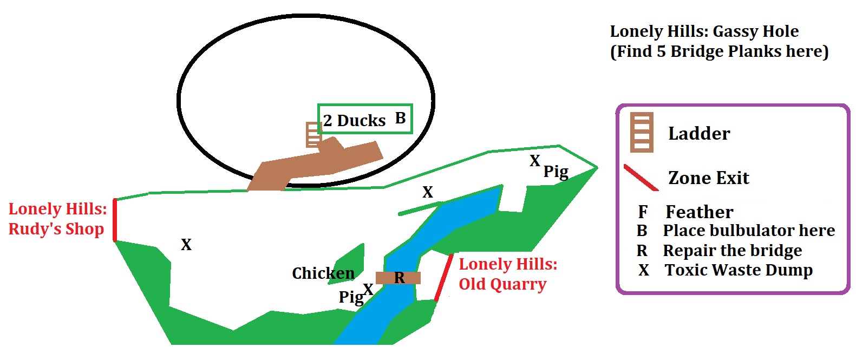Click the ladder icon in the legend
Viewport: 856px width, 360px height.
pos(642,132)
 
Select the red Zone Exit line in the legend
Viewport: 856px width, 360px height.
pos(641,178)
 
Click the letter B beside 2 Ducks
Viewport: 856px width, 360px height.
pos(400,118)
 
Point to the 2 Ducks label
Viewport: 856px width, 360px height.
pos(354,120)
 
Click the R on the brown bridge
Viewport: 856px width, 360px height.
pos(400,278)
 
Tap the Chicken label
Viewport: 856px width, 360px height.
pos(323,273)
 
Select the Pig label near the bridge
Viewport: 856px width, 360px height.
pos(351,297)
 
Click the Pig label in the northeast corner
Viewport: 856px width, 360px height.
pos(556,172)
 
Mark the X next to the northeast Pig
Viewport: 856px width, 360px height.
pos(535,161)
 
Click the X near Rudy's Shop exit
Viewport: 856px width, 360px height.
pos(186,245)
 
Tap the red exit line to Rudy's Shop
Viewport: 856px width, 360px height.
pos(115,220)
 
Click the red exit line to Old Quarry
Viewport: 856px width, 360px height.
pos(443,278)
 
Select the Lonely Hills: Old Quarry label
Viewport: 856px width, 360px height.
pos(507,274)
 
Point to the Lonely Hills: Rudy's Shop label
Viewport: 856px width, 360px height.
pos(57,219)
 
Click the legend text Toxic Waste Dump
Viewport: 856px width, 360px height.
pos(739,270)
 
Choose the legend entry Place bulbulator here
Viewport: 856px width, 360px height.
pos(749,231)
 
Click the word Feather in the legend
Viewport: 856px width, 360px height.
pos(699,212)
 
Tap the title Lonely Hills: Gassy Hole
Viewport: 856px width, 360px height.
pos(704,31)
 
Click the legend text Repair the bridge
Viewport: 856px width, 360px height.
pos(732,251)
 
